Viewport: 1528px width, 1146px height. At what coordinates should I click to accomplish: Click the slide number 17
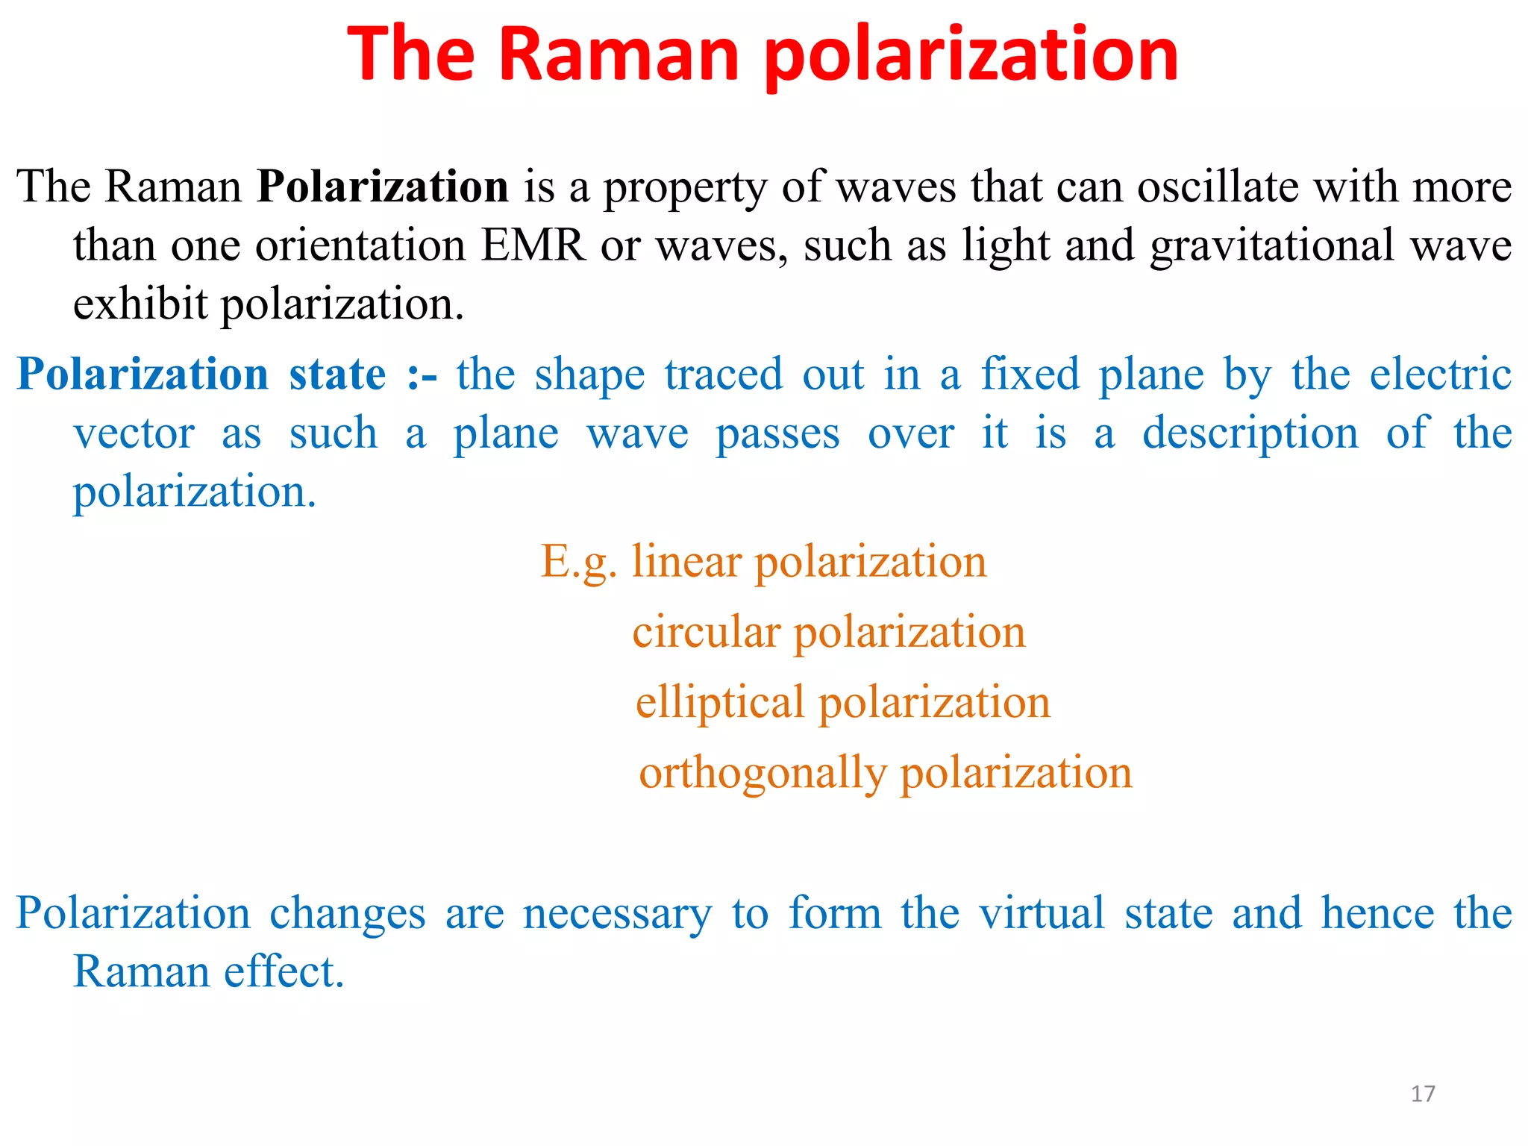1423,1094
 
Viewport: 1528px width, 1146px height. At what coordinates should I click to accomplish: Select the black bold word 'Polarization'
383,186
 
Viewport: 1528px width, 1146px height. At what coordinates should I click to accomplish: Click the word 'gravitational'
1272,246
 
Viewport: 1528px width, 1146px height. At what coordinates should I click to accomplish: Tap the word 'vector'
134,433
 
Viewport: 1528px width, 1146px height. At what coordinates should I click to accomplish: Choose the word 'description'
1250,435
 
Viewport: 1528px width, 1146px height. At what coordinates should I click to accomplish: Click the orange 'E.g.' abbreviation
578,563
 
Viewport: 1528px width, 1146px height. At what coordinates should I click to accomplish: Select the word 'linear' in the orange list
686,561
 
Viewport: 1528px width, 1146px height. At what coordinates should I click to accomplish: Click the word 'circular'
706,632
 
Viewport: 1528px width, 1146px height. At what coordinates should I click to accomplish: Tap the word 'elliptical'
719,704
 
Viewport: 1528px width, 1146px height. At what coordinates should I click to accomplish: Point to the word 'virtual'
1041,912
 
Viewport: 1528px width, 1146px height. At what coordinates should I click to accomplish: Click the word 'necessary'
617,914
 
